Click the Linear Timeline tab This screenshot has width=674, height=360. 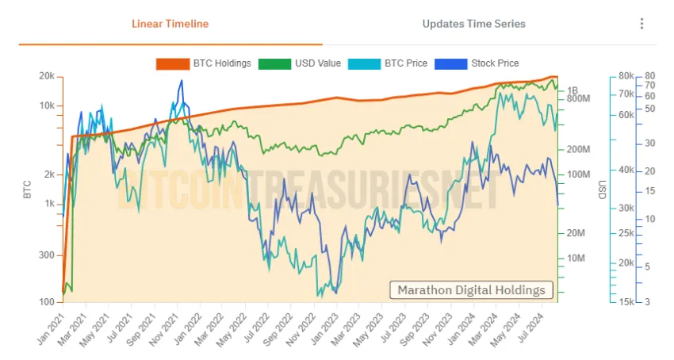(170, 24)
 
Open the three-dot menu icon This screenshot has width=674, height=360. (641, 24)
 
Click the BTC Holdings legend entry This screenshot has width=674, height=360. (204, 63)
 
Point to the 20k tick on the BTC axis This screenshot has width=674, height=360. (47, 76)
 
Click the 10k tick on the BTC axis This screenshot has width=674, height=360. (47, 105)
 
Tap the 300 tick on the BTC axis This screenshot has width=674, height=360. (47, 255)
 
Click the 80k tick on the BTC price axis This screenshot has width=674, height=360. (626, 76)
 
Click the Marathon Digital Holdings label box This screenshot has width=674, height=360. (471, 289)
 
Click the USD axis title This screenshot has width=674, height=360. (602, 190)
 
